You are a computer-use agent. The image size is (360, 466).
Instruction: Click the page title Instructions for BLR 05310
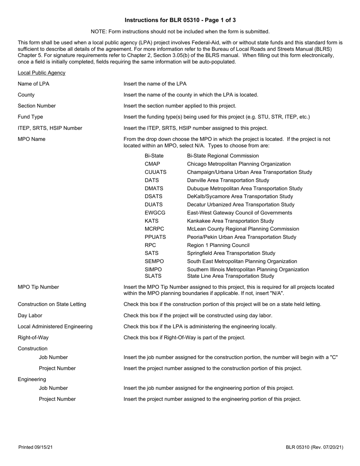180,20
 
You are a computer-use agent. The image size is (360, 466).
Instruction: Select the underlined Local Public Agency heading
41,73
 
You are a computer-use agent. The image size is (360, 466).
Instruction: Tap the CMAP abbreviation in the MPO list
152,164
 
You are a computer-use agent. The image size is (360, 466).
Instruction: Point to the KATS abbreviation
152,221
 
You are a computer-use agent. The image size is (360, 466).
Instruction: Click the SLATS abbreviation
153,276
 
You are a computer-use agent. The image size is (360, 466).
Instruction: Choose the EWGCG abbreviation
155,213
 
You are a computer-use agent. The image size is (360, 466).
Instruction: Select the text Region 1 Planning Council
218,245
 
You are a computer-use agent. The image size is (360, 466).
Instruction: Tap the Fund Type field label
30,117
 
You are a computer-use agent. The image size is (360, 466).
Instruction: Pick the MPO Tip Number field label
38,287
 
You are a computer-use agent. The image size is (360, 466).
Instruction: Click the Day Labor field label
30,315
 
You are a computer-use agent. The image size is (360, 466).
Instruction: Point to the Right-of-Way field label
33,337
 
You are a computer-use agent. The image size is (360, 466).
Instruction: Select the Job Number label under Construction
53,357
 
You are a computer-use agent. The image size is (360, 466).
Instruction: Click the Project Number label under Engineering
57,399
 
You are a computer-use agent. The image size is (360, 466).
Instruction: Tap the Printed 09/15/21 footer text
36,447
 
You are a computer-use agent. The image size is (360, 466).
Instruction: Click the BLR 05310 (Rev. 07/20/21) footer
315,447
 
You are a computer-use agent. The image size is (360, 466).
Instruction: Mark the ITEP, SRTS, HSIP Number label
50,128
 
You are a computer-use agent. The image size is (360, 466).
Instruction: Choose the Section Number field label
37,106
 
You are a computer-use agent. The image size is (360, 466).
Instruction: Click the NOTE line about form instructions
180,31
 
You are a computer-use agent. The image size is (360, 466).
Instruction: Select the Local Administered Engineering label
55,326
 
